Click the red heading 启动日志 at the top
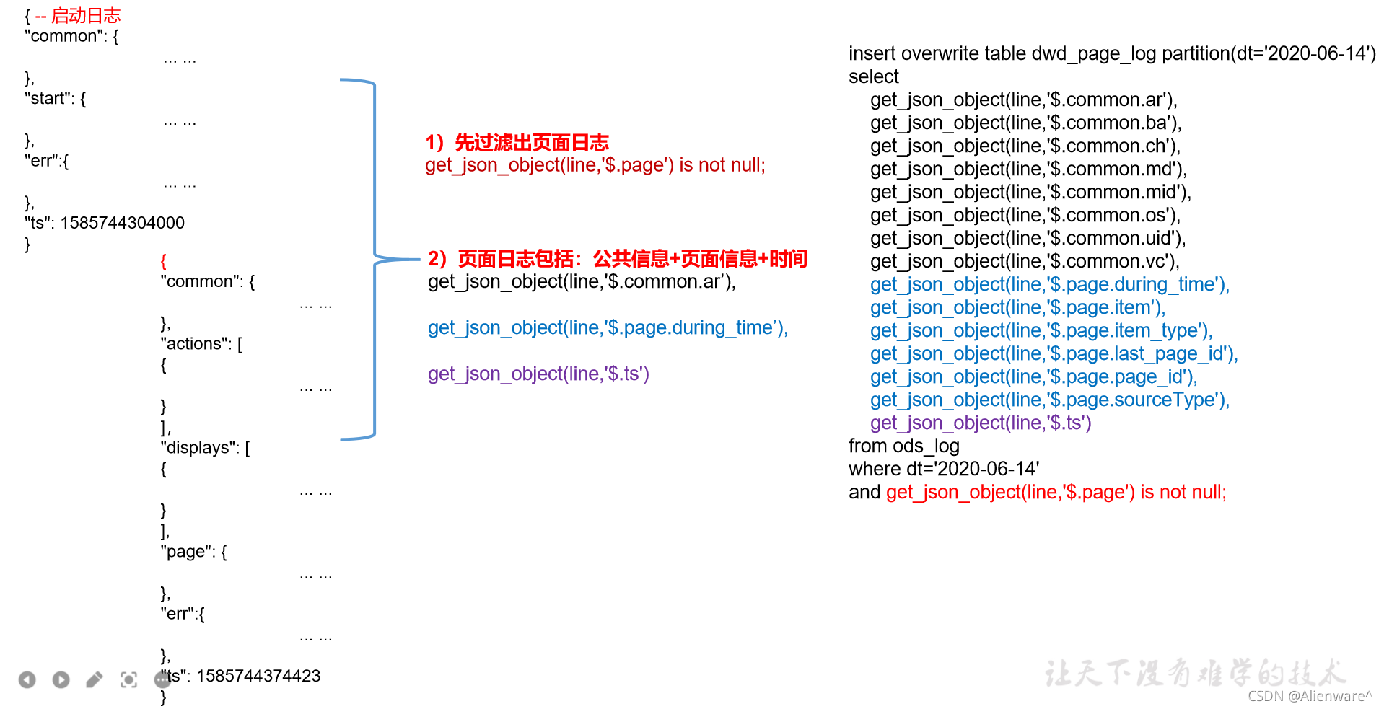point(86,15)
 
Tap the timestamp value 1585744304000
point(123,223)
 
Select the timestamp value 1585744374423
point(258,676)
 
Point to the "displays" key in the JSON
point(199,448)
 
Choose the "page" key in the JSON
point(187,552)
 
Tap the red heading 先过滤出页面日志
point(532,143)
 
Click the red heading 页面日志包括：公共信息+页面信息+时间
point(632,259)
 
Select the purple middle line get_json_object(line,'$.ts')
point(538,374)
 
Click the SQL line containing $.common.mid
point(1030,192)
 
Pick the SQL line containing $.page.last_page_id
point(1054,353)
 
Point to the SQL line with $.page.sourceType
point(1050,400)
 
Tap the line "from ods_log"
point(904,446)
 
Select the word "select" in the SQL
point(874,76)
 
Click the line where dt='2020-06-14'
point(944,469)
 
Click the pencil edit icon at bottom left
point(95,679)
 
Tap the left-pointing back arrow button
point(27,679)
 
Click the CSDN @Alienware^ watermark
point(1310,696)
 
